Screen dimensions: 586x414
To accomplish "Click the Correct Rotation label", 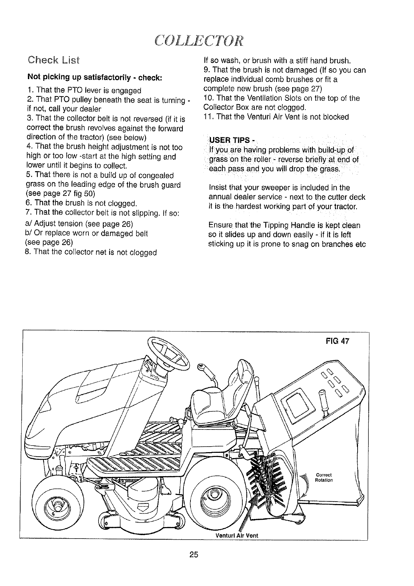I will point(324,477).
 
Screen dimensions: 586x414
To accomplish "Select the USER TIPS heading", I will point(231,140).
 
